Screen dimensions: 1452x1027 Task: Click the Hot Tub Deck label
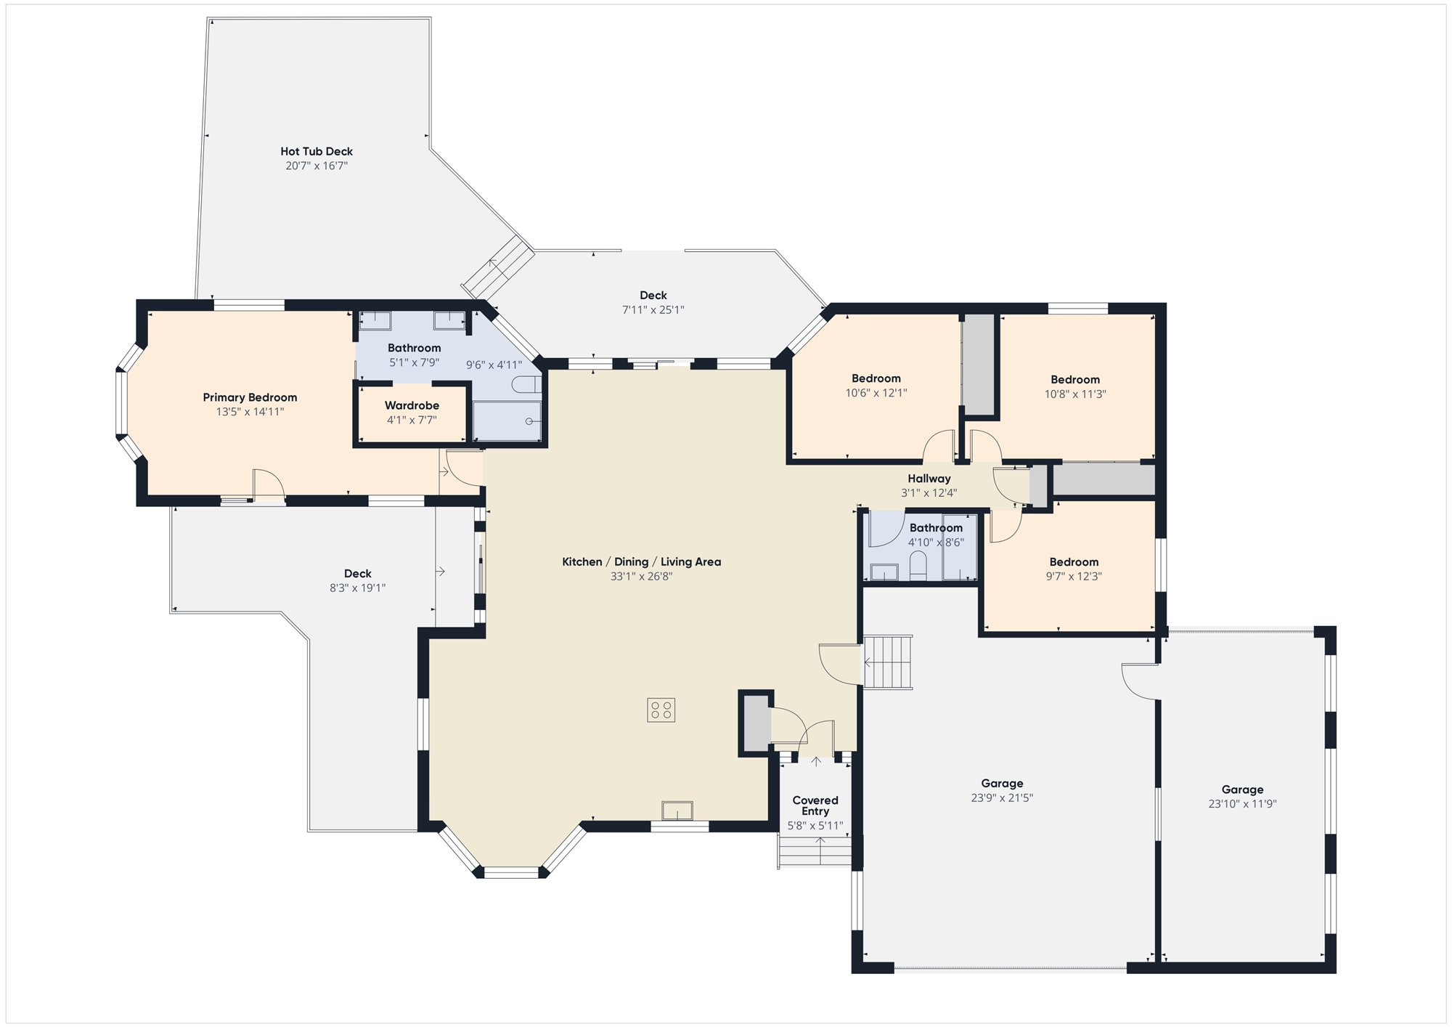[317, 152]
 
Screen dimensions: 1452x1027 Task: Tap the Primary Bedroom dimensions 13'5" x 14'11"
[250, 412]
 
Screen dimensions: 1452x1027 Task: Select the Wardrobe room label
[412, 405]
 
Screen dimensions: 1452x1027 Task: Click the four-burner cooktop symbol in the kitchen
[661, 710]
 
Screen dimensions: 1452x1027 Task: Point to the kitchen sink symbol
[677, 811]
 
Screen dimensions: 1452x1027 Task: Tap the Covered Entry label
[815, 805]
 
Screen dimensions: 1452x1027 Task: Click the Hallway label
[929, 479]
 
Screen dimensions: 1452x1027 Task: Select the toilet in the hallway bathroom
[918, 566]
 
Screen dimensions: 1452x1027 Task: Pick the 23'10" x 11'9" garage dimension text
[1242, 804]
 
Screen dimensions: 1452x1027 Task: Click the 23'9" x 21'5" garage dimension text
[1002, 797]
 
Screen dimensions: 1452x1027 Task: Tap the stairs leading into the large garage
[887, 662]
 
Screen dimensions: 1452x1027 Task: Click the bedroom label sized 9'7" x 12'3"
[1074, 562]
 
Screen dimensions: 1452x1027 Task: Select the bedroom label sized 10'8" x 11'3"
[1075, 380]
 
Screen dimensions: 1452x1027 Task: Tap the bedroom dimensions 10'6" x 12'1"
[876, 393]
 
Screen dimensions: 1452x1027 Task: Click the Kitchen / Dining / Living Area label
[642, 562]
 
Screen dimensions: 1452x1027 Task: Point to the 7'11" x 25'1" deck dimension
[653, 309]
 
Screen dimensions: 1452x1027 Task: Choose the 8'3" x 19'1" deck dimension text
[358, 588]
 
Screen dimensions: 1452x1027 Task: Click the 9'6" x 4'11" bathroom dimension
[494, 365]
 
